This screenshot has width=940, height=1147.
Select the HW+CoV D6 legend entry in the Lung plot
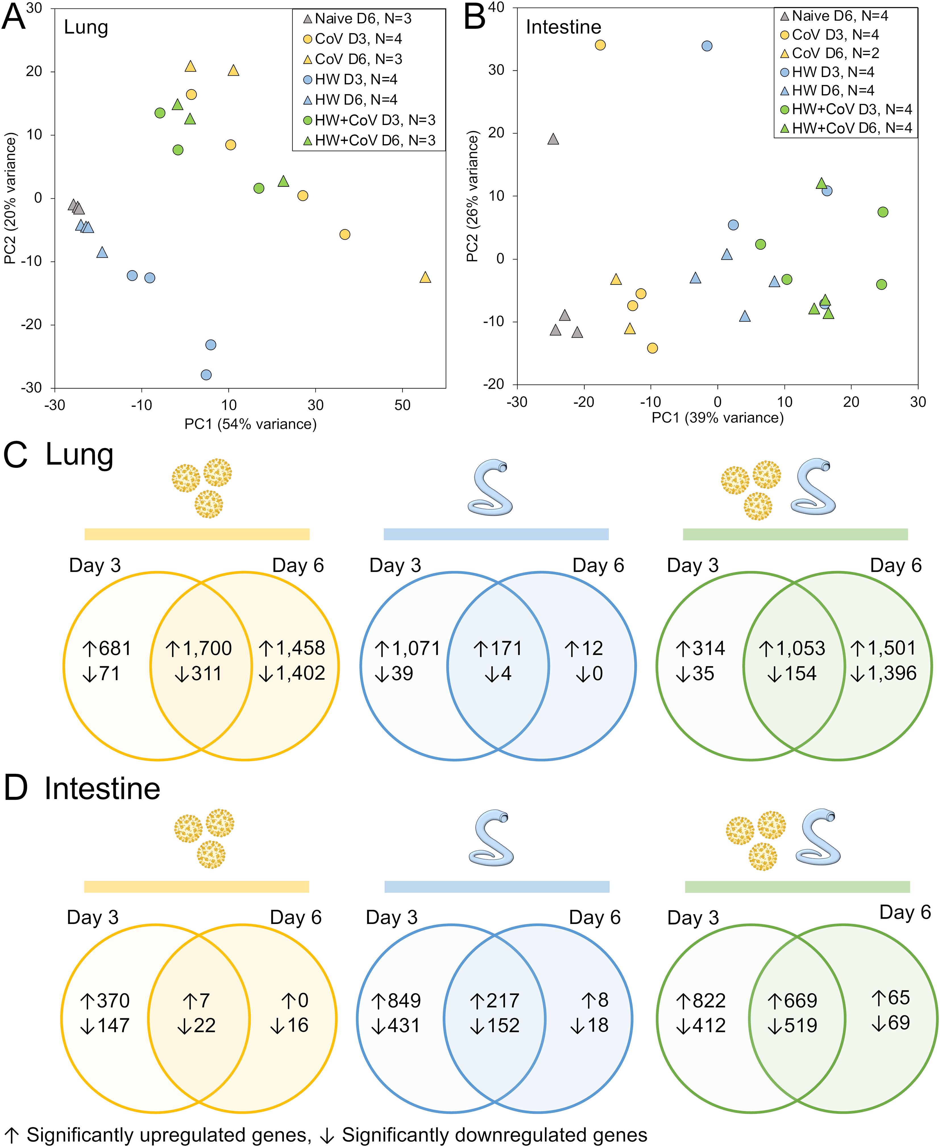click(x=368, y=140)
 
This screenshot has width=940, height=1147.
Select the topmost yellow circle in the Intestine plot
click(x=600, y=45)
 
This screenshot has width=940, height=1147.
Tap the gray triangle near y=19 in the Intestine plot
click(x=553, y=139)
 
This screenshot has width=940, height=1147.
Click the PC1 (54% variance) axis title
click(x=250, y=424)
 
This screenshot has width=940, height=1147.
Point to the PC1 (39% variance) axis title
click(x=717, y=417)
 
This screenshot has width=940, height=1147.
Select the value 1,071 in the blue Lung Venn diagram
click(x=414, y=648)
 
